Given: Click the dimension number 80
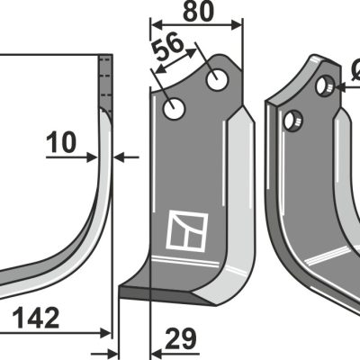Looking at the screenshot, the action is pyautogui.click(x=198, y=12).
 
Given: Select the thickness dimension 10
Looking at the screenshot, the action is pyautogui.click(x=61, y=143).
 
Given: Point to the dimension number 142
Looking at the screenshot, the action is pyautogui.click(x=36, y=318).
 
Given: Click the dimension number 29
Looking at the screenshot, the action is pyautogui.click(x=181, y=338).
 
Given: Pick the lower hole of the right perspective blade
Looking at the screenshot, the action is pyautogui.click(x=293, y=121).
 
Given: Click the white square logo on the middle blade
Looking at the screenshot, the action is pyautogui.click(x=187, y=231).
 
